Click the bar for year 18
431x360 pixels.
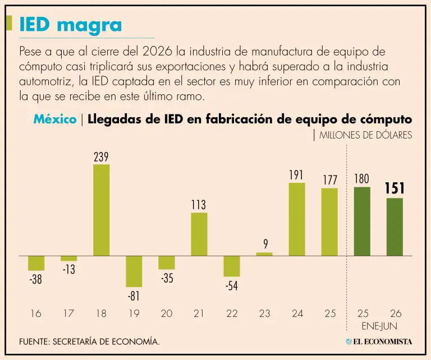[x=102, y=210]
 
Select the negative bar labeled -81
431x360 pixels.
[x=134, y=271]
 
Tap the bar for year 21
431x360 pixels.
[x=199, y=234]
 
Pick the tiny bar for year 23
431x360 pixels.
[x=264, y=254]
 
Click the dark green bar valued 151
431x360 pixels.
[x=395, y=227]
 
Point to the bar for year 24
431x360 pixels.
[x=297, y=219]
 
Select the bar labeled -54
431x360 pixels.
[x=232, y=266]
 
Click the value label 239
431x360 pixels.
[x=101, y=157]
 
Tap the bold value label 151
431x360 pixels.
[x=395, y=188]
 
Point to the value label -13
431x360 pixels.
[x=68, y=269]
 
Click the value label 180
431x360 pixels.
[x=361, y=179]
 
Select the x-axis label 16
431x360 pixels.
[x=36, y=313]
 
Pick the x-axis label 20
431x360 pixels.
[x=167, y=313]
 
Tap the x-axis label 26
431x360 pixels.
[x=396, y=313]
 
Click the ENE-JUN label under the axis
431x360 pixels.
[x=379, y=326]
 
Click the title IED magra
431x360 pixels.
[x=71, y=25]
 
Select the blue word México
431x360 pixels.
[x=55, y=119]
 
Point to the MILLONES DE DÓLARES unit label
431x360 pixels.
[x=365, y=135]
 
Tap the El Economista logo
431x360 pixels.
[x=379, y=341]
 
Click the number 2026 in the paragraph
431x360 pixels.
[x=157, y=52]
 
